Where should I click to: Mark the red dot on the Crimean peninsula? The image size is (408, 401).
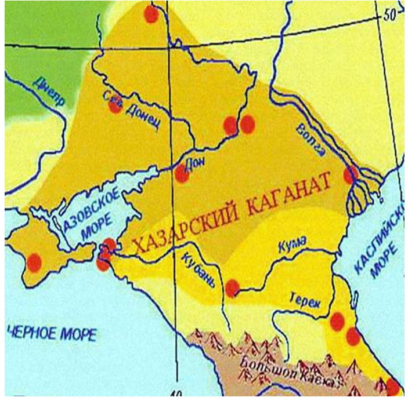click(x=34, y=263)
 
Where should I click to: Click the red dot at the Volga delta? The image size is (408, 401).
click(x=349, y=175)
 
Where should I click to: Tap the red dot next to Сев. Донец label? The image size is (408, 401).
click(x=115, y=107)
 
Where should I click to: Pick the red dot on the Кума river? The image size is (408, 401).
click(x=232, y=287)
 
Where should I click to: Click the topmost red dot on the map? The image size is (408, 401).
click(x=151, y=14)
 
